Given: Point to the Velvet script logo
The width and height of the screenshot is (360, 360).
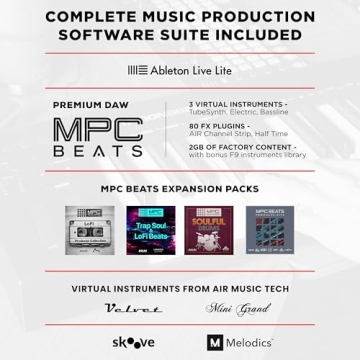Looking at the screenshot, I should (x=132, y=309).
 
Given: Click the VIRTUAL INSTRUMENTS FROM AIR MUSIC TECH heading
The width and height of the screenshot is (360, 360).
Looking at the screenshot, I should (x=180, y=288).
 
